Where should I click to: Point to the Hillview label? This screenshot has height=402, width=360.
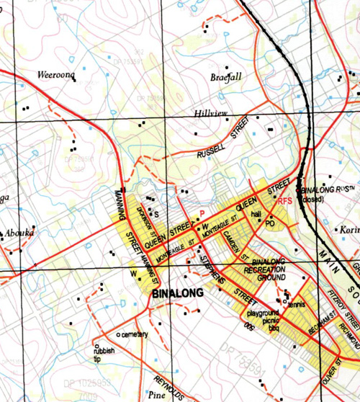(x=211, y=115)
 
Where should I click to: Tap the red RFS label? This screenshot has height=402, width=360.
(x=285, y=201)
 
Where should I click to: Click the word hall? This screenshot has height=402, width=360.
(x=256, y=215)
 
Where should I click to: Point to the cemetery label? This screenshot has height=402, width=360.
(x=135, y=334)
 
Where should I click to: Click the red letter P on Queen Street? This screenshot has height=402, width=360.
(x=202, y=213)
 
